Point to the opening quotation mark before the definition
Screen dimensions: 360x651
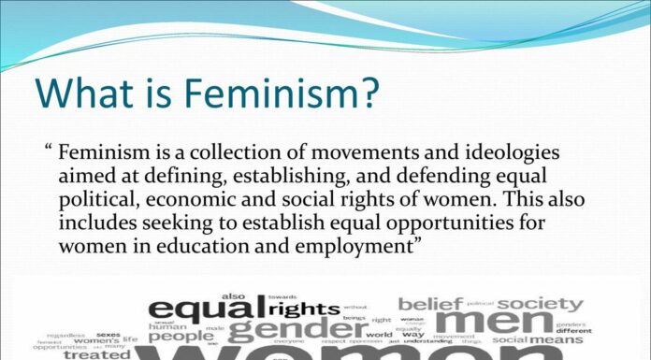pos(48,151)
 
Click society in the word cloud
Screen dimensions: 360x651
pos(540,304)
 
